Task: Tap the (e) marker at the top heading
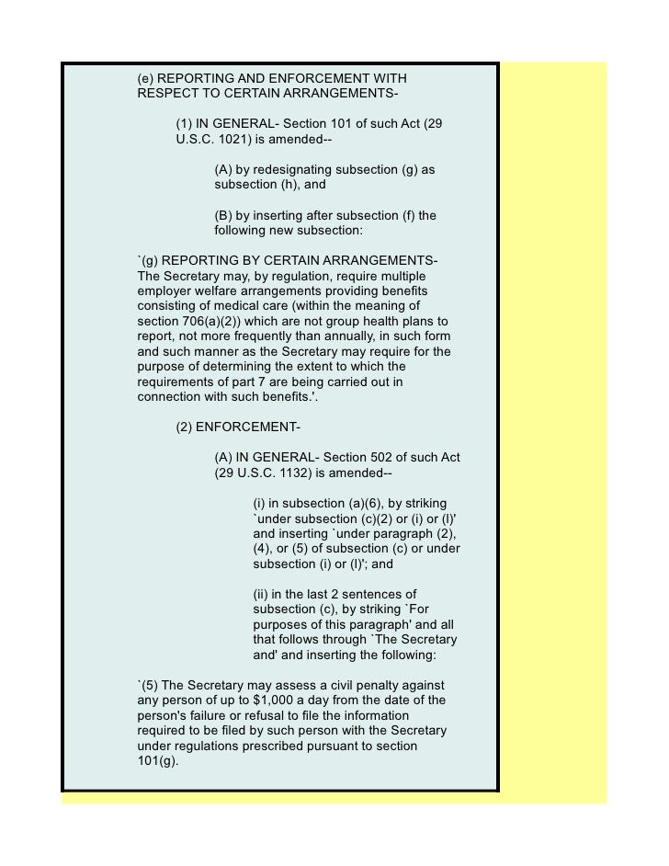point(146,79)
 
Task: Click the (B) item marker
point(223,216)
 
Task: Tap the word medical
point(225,306)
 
